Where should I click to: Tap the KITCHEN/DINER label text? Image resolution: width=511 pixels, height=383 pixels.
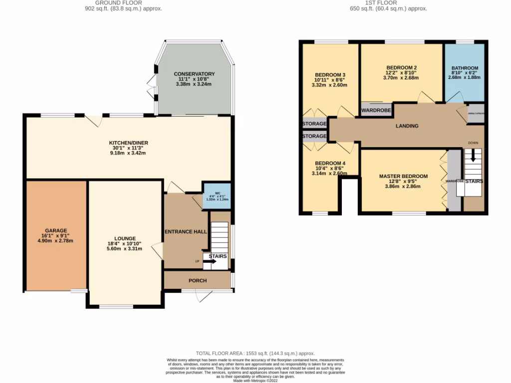(x=129, y=143)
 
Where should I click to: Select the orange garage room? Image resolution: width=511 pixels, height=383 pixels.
(x=56, y=235)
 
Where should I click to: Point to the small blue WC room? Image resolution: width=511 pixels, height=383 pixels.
(x=217, y=196)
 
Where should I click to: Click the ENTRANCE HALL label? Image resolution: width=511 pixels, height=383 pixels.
(x=185, y=231)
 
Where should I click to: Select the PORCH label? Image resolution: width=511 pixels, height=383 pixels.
(x=198, y=280)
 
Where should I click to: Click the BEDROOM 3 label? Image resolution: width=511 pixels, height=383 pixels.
(x=329, y=75)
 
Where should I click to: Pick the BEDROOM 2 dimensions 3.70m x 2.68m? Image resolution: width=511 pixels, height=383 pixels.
(x=401, y=77)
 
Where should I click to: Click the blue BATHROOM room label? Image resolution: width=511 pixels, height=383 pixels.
(x=465, y=68)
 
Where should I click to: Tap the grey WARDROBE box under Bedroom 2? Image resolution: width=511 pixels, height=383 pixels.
(x=376, y=110)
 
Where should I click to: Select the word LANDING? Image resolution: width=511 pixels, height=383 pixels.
(x=407, y=126)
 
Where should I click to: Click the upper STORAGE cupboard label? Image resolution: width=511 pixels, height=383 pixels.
(x=314, y=124)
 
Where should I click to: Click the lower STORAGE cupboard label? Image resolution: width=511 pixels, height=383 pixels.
(x=314, y=136)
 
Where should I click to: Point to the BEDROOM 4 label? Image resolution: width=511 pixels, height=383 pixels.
(x=329, y=163)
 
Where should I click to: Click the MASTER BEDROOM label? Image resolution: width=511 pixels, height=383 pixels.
(x=403, y=176)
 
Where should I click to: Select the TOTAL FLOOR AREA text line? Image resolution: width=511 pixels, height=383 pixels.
(x=255, y=353)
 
